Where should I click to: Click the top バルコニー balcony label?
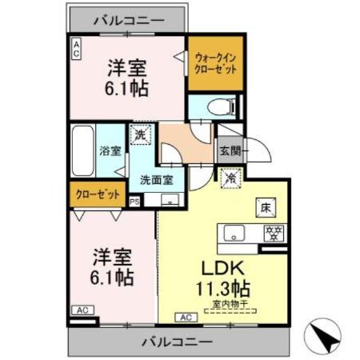(x=128, y=16)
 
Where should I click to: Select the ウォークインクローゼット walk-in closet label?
(x=215, y=62)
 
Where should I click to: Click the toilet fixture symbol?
(x=219, y=106)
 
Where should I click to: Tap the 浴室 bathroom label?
(x=110, y=150)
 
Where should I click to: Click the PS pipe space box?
(x=134, y=202)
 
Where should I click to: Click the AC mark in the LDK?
(x=184, y=318)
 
